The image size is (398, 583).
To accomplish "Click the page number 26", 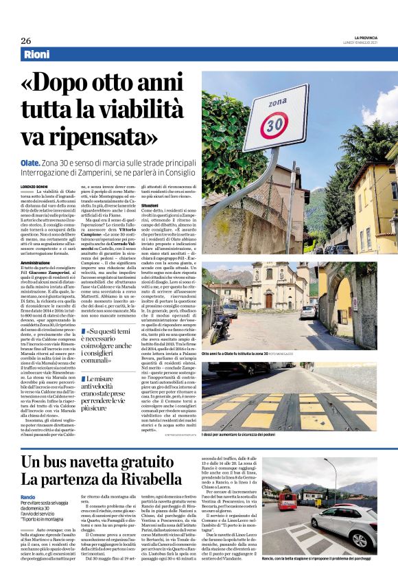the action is point(25,41).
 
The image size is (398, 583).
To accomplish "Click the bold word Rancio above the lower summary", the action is point(28,496).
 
